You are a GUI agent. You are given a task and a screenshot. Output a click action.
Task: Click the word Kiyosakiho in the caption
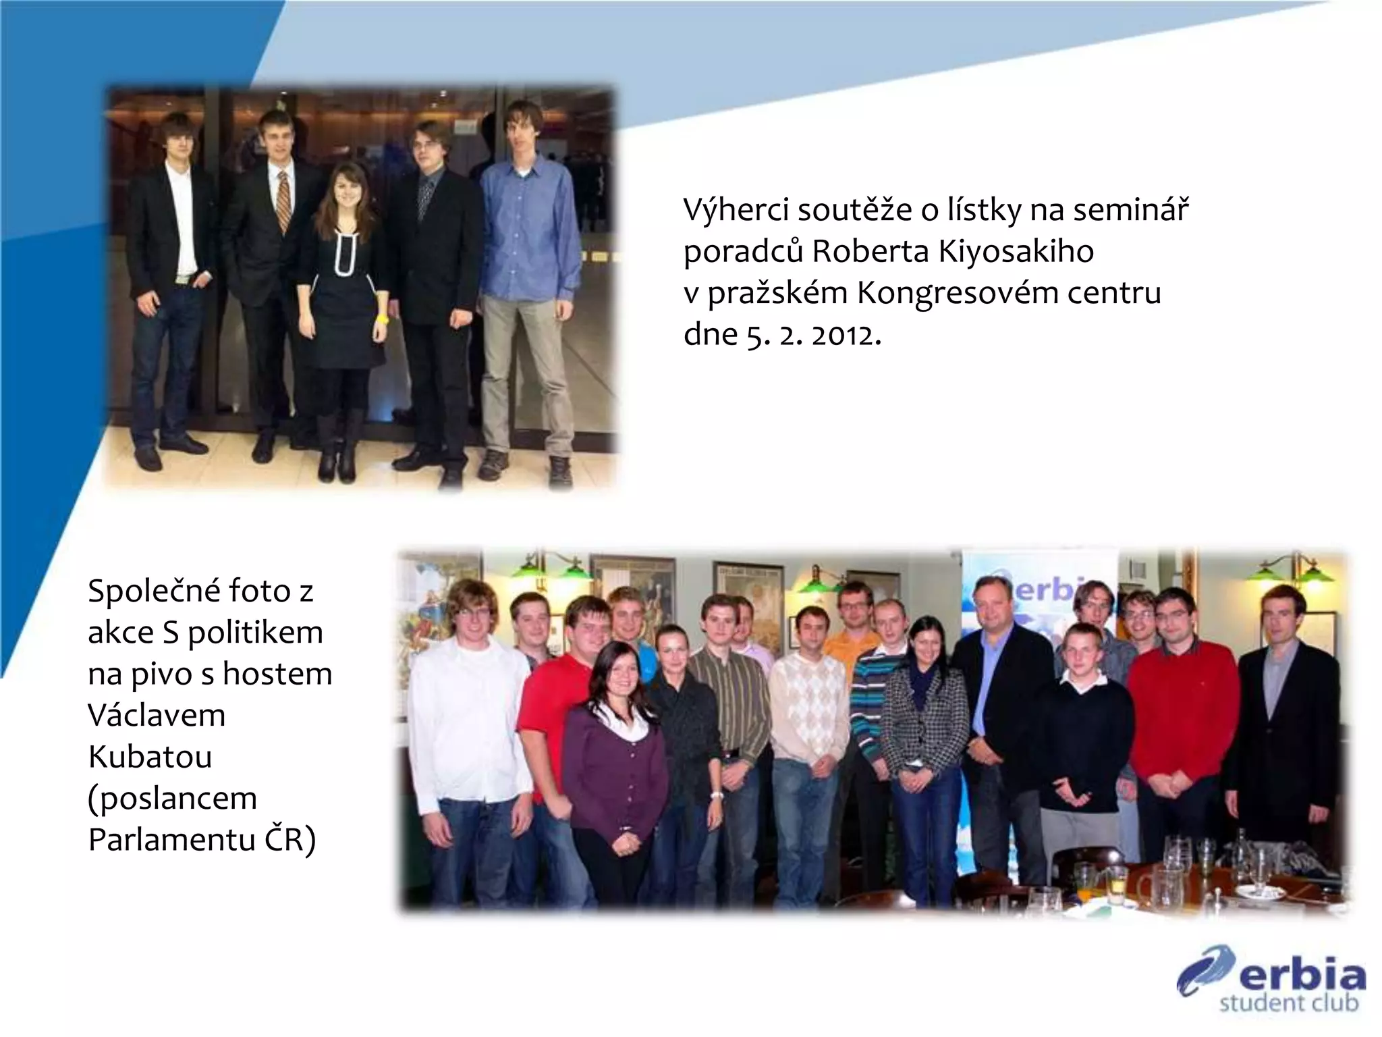click(1020, 252)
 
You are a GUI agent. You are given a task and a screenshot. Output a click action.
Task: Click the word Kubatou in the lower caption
click(150, 756)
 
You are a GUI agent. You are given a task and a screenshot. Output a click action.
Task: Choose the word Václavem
click(157, 714)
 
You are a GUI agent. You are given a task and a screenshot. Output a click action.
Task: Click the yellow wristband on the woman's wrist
click(383, 317)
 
